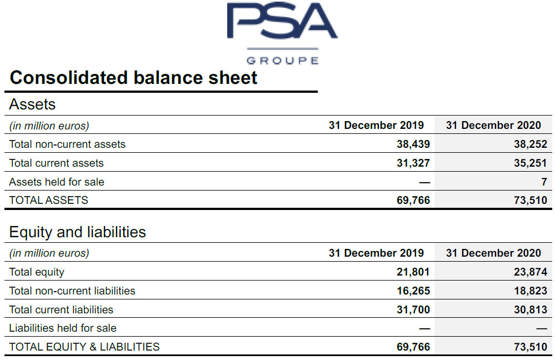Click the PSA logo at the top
281,22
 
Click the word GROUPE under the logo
282,60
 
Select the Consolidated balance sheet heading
133,78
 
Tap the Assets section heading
32,104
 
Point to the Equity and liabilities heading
77,232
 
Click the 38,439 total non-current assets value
413,144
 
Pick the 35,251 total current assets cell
530,163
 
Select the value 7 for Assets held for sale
544,182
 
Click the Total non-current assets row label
67,144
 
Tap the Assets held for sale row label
57,182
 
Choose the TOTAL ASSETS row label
48,201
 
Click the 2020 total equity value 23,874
530,272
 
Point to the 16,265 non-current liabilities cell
413,291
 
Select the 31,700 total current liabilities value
413,309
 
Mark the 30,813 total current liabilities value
530,309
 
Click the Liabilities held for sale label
63,328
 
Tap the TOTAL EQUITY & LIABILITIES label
84,347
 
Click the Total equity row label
37,272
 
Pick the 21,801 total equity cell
413,272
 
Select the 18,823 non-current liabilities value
530,291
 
